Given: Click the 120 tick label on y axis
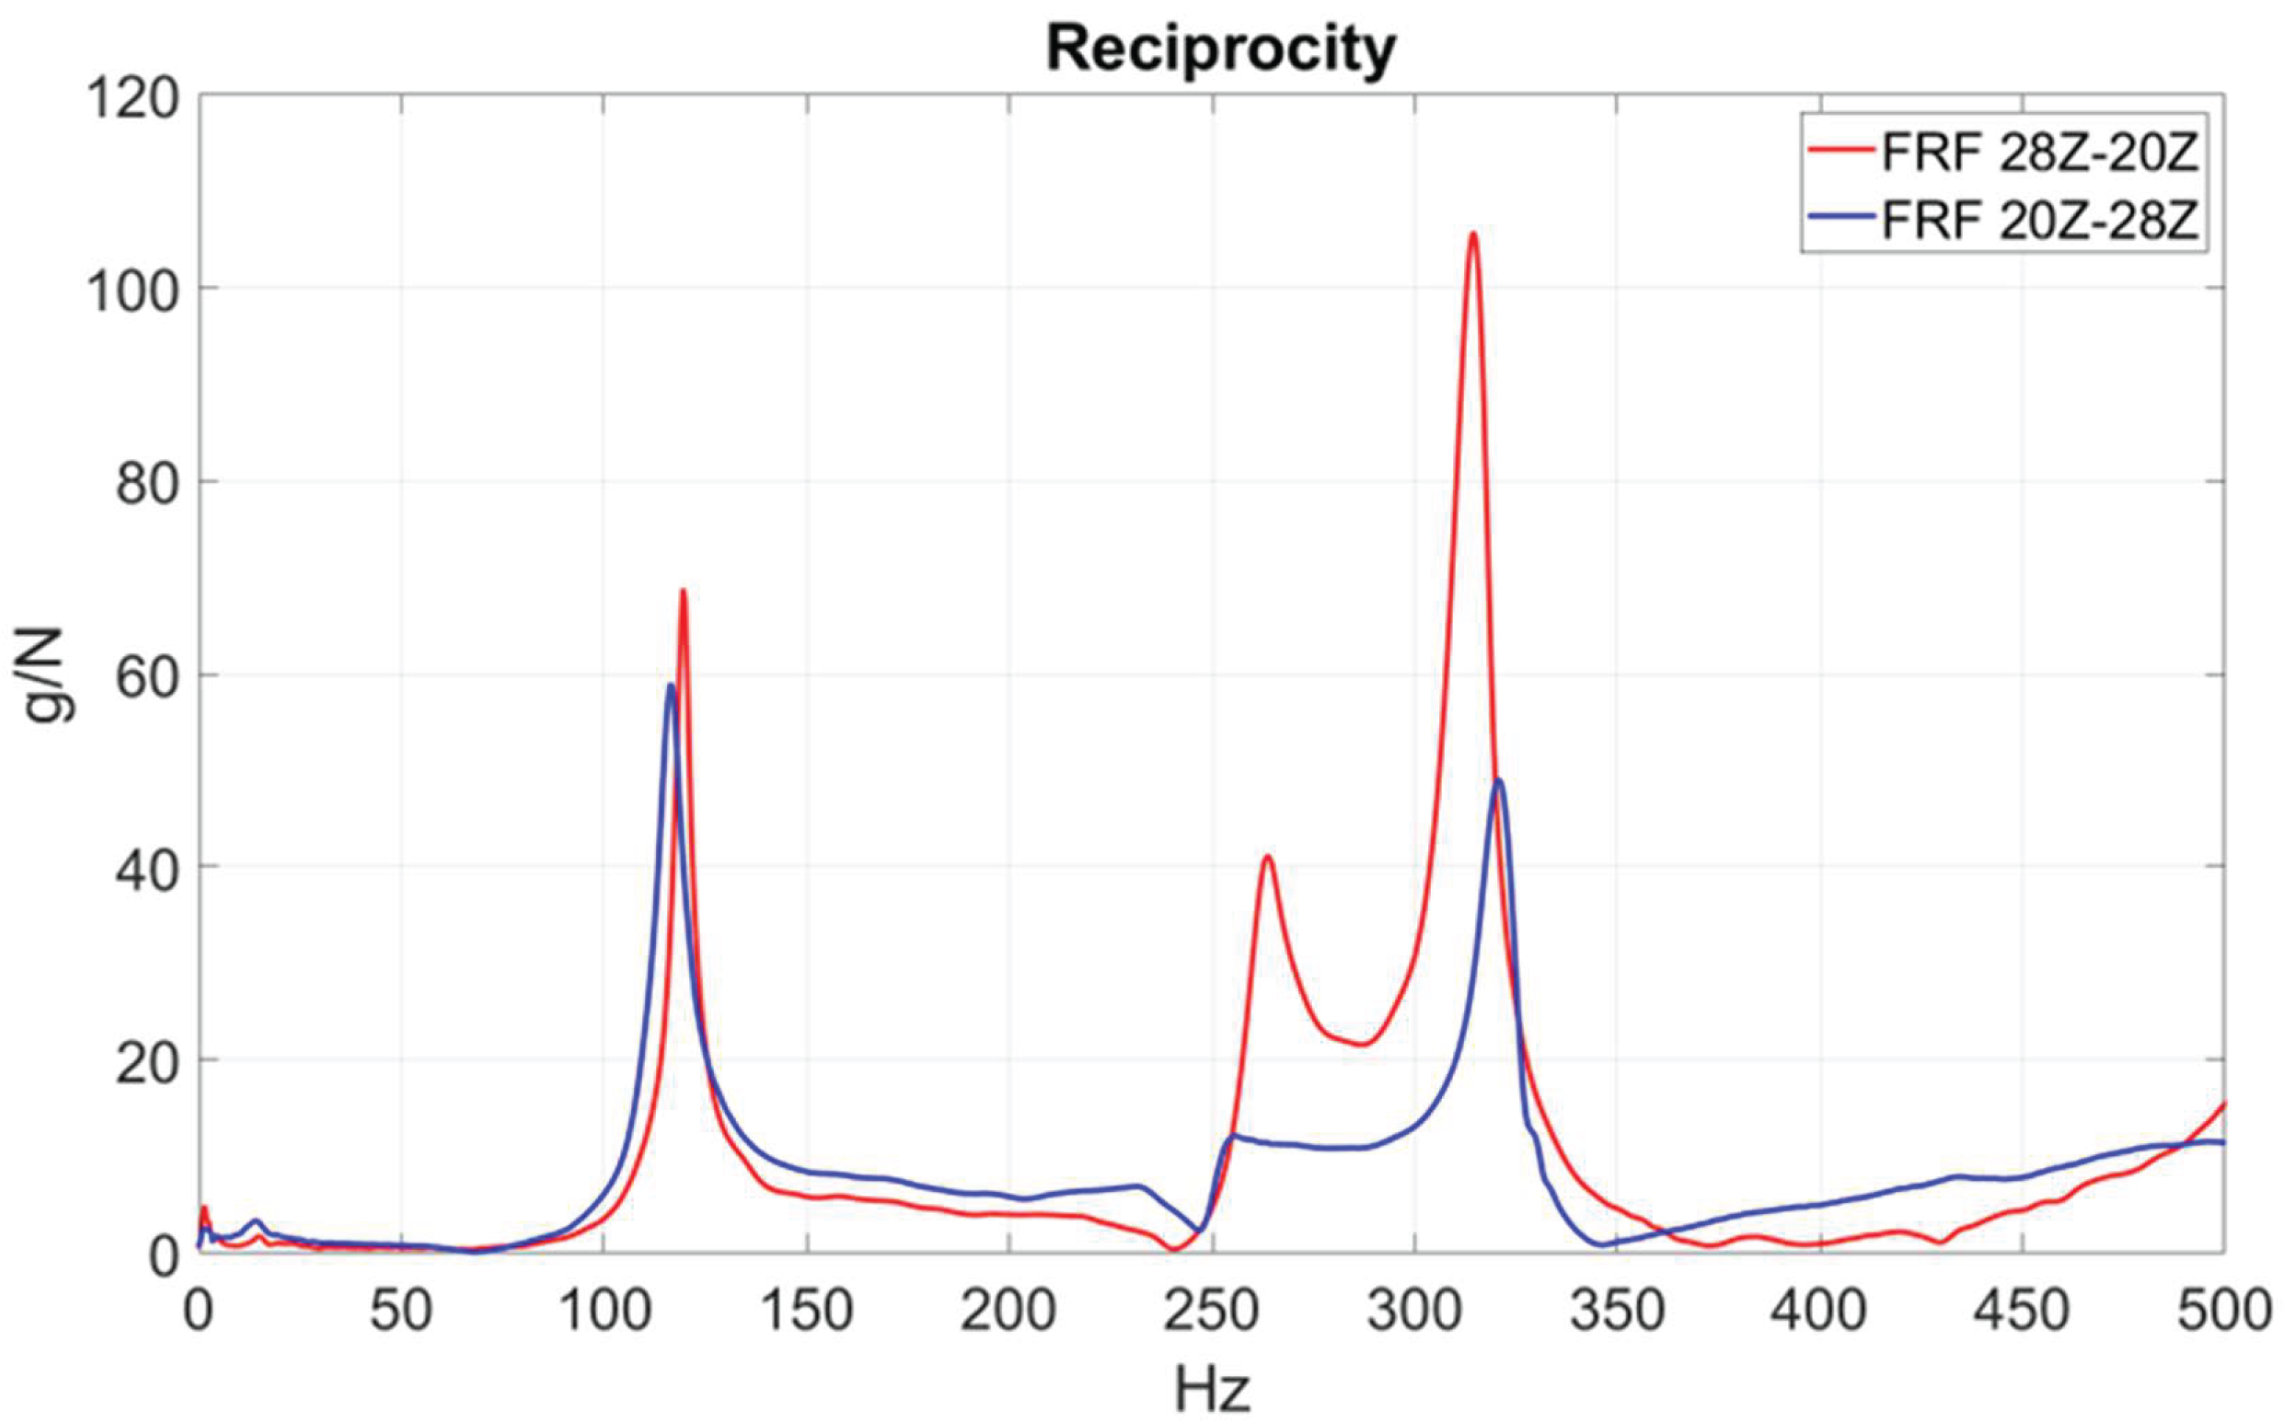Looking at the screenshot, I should click(x=132, y=100).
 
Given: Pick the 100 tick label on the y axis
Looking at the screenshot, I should click(x=132, y=292).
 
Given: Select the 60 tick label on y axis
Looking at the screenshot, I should click(x=146, y=679).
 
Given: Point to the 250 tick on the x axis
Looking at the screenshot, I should click(x=1212, y=1311).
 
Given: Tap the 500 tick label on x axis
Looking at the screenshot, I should click(x=2224, y=1311).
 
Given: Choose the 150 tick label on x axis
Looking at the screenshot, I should click(x=806, y=1311).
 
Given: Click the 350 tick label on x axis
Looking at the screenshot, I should click(x=1617, y=1311).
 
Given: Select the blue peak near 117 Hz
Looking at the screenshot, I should click(x=671, y=685).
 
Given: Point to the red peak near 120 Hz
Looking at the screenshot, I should click(x=682, y=591).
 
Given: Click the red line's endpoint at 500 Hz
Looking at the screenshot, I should click(x=2225, y=1104).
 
